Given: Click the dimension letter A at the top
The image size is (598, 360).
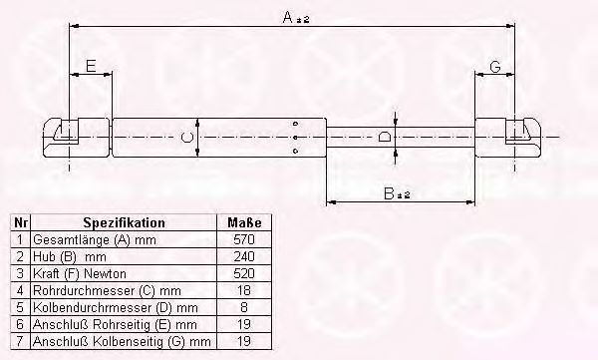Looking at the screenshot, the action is pyautogui.click(x=288, y=17).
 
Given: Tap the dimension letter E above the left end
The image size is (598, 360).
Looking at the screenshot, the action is pyautogui.click(x=91, y=66).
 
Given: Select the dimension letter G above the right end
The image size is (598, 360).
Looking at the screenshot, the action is pyautogui.click(x=494, y=67).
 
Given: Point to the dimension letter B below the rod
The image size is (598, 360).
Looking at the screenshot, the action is pyautogui.click(x=389, y=193).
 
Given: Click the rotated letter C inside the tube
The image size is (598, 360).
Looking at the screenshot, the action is pyautogui.click(x=186, y=137).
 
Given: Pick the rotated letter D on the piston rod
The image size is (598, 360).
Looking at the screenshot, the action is pyautogui.click(x=384, y=137).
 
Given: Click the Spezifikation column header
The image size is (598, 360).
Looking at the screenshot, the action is pyautogui.click(x=124, y=222).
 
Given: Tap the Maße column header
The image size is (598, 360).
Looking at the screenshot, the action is pyautogui.click(x=244, y=222).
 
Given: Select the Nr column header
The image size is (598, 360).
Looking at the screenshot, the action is pyautogui.click(x=20, y=222).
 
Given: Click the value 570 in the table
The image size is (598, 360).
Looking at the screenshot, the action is pyautogui.click(x=244, y=239).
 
